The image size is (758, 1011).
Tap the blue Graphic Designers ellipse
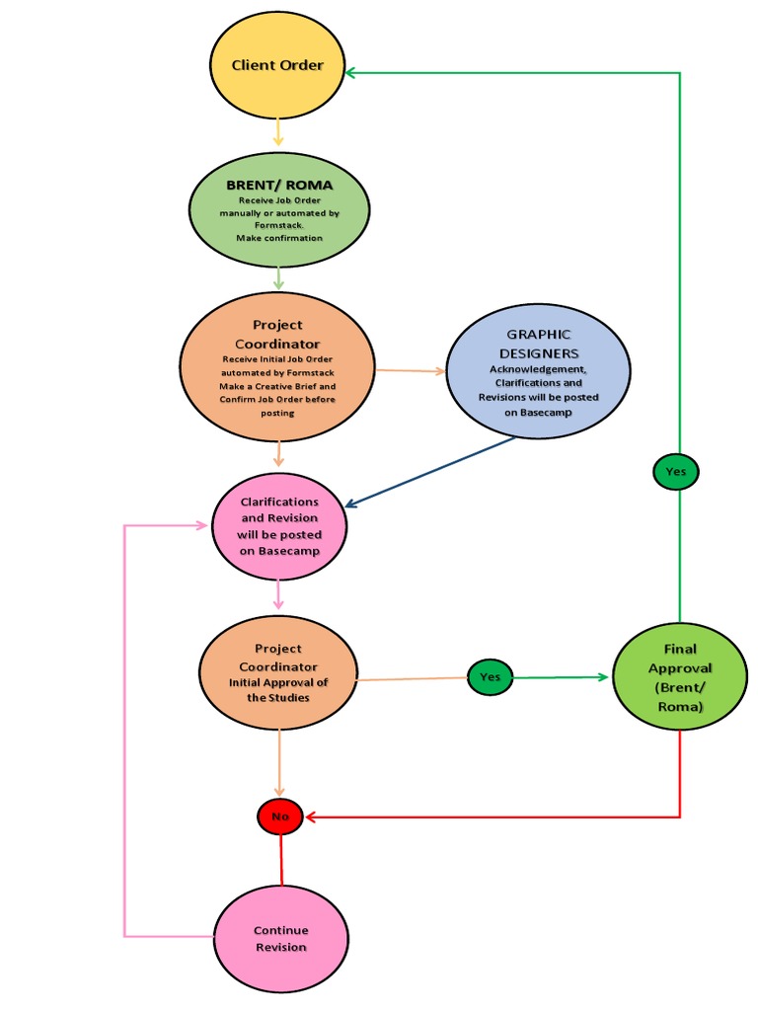(538, 370)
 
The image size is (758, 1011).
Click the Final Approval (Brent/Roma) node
(680, 678)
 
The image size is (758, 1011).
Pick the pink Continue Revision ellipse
(281, 938)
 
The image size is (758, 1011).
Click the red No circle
(281, 817)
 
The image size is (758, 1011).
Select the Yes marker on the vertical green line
(675, 472)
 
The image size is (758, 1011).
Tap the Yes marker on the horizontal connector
(490, 677)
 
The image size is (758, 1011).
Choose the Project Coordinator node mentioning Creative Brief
(277, 367)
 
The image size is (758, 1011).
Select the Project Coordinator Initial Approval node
(277, 674)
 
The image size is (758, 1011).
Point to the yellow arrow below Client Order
(278, 131)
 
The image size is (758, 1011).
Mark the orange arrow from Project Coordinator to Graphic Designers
(411, 371)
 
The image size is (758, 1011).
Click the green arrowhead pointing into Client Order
(351, 72)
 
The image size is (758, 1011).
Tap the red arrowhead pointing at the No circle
(312, 817)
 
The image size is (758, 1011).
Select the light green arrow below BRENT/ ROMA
(278, 277)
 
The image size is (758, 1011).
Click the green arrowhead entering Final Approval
(602, 677)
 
